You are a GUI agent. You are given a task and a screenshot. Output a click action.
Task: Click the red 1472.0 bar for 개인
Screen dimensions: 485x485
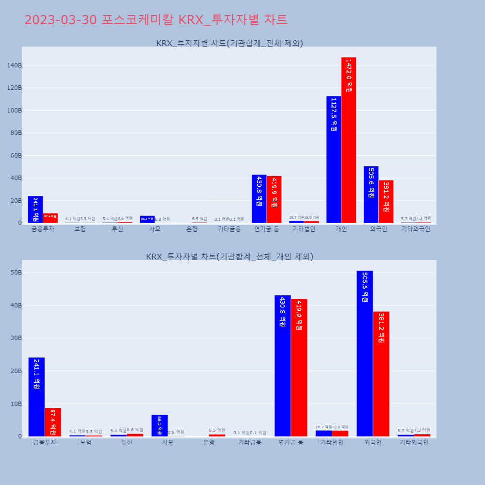pyautogui.click(x=349, y=140)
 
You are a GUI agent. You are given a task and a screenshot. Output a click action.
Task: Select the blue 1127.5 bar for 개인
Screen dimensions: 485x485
pyautogui.click(x=334, y=160)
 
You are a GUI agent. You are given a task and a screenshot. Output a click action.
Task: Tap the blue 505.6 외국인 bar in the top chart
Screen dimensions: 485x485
pyautogui.click(x=371, y=194)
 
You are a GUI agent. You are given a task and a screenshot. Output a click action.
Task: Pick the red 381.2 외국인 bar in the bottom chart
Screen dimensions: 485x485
pyautogui.click(x=381, y=374)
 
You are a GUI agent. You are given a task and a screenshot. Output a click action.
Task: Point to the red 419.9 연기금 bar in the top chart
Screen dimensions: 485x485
pyautogui.click(x=274, y=199)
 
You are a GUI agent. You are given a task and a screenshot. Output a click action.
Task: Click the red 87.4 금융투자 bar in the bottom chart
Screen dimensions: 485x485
pyautogui.click(x=53, y=422)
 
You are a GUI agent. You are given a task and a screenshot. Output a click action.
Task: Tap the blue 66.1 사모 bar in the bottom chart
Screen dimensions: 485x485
pyautogui.click(x=160, y=425)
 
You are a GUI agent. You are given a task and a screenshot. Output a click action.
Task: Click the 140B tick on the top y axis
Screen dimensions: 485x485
pyautogui.click(x=14, y=65)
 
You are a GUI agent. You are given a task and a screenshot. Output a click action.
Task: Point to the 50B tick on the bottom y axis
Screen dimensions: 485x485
pyautogui.click(x=16, y=273)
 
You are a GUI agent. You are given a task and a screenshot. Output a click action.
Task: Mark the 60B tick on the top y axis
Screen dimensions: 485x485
pyautogui.click(x=14, y=156)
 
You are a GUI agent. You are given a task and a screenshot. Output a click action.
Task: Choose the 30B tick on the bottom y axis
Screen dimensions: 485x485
pyautogui.click(x=16, y=338)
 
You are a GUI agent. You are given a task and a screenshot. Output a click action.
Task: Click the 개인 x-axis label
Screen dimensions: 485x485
pyautogui.click(x=341, y=229)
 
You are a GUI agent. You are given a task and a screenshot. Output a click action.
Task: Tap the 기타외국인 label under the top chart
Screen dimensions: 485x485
pyautogui.click(x=416, y=229)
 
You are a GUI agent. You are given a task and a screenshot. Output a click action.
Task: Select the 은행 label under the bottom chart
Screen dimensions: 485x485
pyautogui.click(x=209, y=442)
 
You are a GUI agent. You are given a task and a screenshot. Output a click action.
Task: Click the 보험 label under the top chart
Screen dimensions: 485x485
pyautogui.click(x=80, y=229)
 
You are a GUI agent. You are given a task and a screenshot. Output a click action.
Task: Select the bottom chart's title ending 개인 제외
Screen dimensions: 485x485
pyautogui.click(x=229, y=257)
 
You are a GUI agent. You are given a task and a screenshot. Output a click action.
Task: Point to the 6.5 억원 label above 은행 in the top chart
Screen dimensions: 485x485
pyautogui.click(x=199, y=219)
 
